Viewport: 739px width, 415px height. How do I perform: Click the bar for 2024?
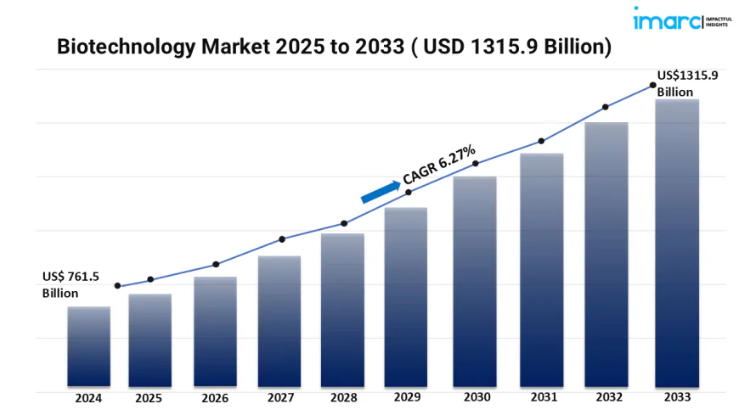pyautogui.click(x=88, y=346)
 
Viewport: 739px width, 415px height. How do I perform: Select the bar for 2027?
pyautogui.click(x=279, y=321)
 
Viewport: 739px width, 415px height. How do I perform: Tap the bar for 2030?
pyautogui.click(x=474, y=281)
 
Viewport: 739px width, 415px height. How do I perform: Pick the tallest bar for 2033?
pyautogui.click(x=677, y=243)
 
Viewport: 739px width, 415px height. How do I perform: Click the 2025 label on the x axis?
pyautogui.click(x=149, y=397)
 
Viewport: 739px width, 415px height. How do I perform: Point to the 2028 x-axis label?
pyautogui.click(x=344, y=397)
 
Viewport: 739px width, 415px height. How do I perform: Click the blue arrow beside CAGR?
pyautogui.click(x=381, y=191)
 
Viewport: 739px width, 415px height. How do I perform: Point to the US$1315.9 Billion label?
pyautogui.click(x=687, y=83)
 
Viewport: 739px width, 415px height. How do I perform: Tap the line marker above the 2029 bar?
pyautogui.click(x=409, y=193)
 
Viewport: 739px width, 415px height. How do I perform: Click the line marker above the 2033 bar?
pyautogui.click(x=652, y=85)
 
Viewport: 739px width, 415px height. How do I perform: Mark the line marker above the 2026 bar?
pyautogui.click(x=216, y=264)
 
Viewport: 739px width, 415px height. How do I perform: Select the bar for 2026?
pyautogui.click(x=215, y=331)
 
